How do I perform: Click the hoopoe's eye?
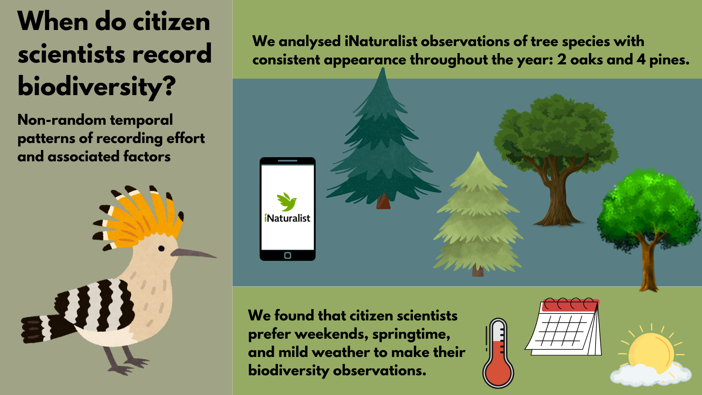[x=161, y=249]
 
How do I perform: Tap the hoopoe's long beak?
[x=193, y=253]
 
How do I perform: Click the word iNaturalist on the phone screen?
[x=287, y=218]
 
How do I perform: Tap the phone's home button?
[x=288, y=255]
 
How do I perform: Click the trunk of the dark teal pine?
[x=383, y=202]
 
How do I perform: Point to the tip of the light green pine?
[x=478, y=152]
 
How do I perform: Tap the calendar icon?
[x=563, y=327]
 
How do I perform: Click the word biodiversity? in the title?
[x=97, y=87]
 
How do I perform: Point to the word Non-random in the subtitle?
[x=61, y=120]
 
